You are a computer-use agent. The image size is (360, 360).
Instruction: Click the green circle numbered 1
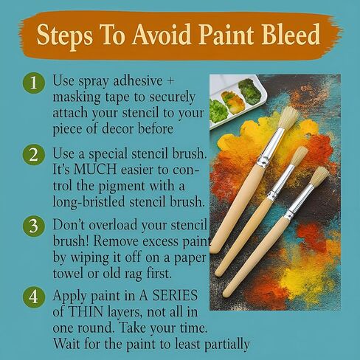tap(34, 83)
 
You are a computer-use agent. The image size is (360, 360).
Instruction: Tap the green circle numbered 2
tap(34, 155)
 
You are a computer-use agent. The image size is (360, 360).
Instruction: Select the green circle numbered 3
tap(34, 226)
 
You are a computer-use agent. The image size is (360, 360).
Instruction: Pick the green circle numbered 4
tap(34, 297)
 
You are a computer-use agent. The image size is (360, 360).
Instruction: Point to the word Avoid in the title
tap(162, 34)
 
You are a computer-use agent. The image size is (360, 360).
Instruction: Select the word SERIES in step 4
tap(175, 295)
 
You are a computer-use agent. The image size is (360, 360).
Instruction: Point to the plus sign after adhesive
tap(170, 81)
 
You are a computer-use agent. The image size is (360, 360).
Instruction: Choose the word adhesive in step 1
tap(137, 80)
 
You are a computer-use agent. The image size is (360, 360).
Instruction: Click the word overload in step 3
tap(113, 225)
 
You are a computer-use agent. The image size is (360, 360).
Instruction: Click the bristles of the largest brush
tap(289, 118)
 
